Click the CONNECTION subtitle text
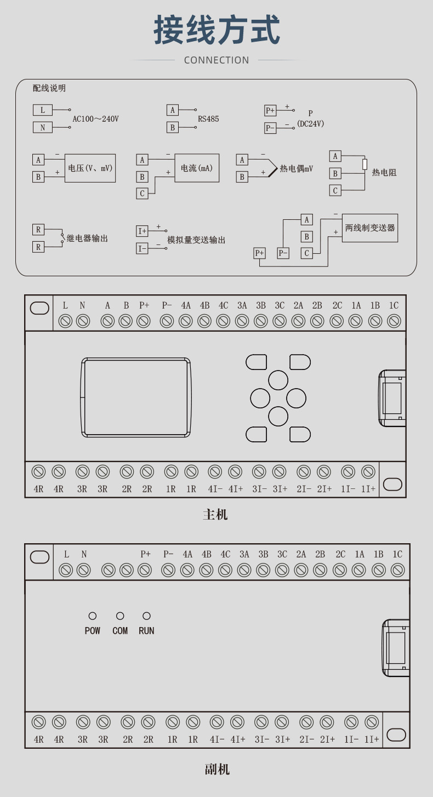216,60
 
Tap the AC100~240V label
95,119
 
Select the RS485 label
208,119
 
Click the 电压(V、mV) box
90,168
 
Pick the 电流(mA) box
197,168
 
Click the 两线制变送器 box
370,228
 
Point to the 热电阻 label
384,173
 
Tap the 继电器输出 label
87,238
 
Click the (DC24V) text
311,124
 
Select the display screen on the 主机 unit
136,397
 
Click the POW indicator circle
93,616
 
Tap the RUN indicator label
146,631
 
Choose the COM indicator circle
120,616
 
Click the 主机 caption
215,515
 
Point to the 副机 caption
217,770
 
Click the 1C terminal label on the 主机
394,305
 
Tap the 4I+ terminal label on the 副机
238,739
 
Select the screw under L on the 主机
65,321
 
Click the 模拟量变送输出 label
196,240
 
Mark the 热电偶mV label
297,169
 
